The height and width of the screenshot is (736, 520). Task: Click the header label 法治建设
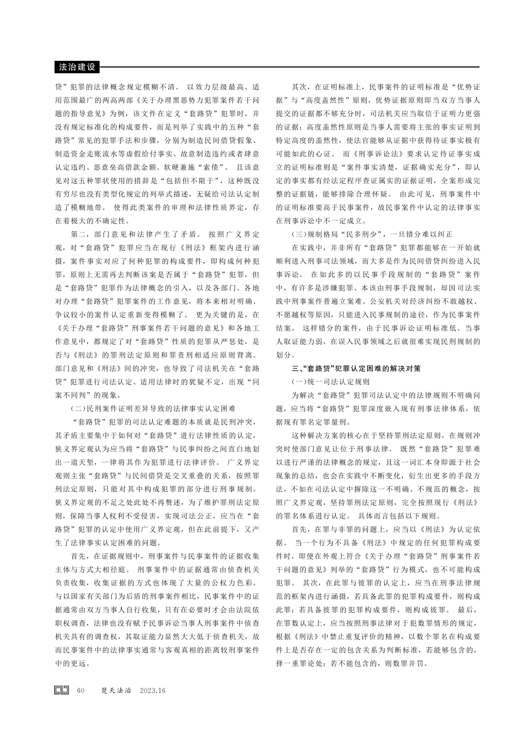click(77, 67)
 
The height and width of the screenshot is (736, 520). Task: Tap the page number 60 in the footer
click(82, 691)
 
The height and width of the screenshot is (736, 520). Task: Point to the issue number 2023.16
click(153, 691)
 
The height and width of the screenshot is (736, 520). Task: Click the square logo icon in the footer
click(61, 691)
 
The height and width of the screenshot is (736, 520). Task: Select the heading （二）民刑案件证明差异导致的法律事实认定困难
click(153, 408)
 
